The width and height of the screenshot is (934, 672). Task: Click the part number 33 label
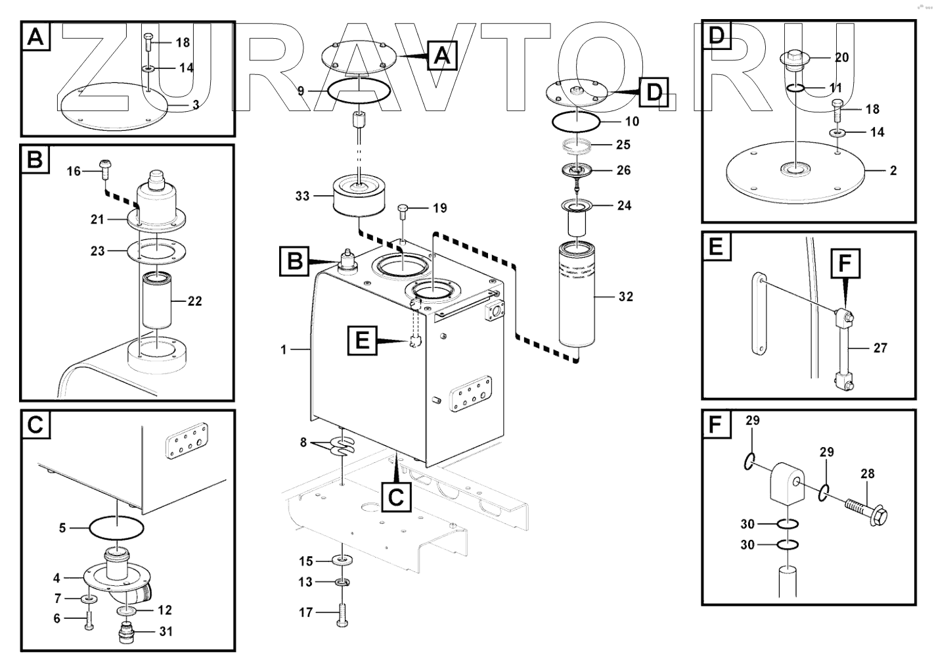pyautogui.click(x=302, y=196)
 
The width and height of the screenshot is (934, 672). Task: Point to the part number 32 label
pyautogui.click(x=625, y=297)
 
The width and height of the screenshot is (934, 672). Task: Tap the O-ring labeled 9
pyautogui.click(x=359, y=90)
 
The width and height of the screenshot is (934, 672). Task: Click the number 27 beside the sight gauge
pyautogui.click(x=880, y=347)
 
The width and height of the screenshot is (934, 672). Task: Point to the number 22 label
pyautogui.click(x=194, y=301)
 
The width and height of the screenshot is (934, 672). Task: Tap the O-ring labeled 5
pyautogui.click(x=116, y=527)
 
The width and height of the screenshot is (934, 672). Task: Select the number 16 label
pyautogui.click(x=74, y=172)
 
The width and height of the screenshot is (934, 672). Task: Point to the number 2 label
pyautogui.click(x=893, y=171)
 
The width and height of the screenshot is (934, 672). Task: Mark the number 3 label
pyautogui.click(x=196, y=105)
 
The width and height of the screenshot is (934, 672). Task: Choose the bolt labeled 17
pyautogui.click(x=342, y=615)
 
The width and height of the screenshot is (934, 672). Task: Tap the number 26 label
pyautogui.click(x=623, y=170)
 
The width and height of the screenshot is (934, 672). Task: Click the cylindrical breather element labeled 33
pyautogui.click(x=359, y=195)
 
